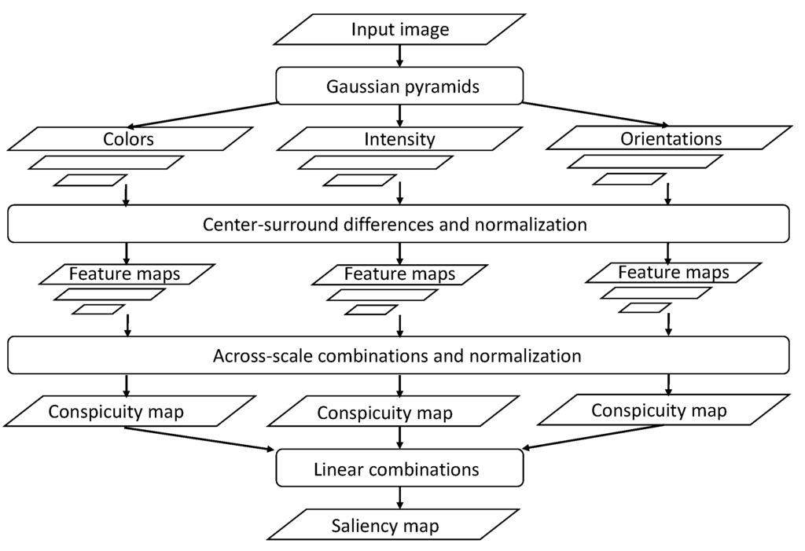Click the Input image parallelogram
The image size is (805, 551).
400,30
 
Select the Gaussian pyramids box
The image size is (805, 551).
400,86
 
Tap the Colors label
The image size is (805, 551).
129,139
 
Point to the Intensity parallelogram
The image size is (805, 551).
400,139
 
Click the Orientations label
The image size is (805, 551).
670,139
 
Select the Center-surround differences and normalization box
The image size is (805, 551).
398,224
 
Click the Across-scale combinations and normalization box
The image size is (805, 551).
398,356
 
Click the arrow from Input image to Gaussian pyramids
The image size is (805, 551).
400,55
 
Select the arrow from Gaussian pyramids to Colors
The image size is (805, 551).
204,114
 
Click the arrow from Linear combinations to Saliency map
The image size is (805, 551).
400,497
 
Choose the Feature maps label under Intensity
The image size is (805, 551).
400,274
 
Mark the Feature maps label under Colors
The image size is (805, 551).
125,274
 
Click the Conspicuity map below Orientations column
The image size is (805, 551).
659,410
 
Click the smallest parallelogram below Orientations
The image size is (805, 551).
628,178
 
